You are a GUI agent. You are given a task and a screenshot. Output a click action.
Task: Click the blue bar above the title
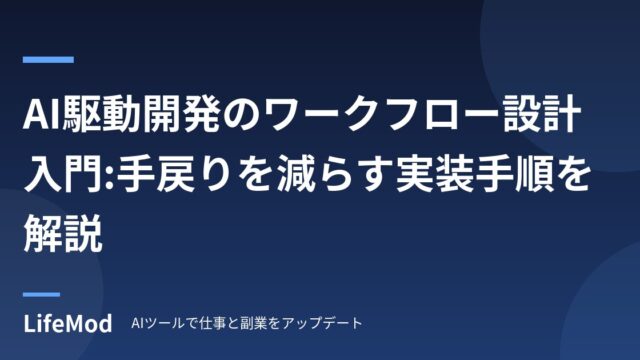point(48,60)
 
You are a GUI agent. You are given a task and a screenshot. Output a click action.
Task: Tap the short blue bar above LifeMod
point(41,294)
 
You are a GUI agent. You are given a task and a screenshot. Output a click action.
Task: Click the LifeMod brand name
point(68,323)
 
